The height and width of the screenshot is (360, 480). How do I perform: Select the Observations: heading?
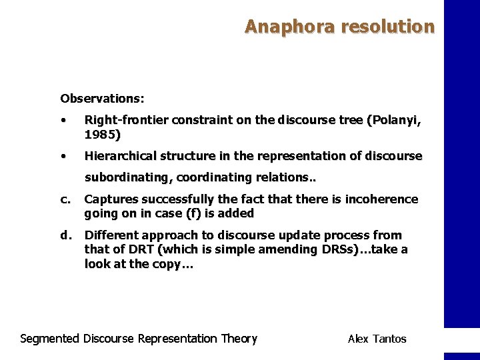pyautogui.click(x=102, y=99)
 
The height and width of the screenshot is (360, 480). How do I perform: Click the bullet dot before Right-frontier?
pyautogui.click(x=62, y=121)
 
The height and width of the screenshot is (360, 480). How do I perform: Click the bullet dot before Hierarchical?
pyautogui.click(x=62, y=157)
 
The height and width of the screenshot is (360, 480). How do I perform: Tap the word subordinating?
pyautogui.click(x=129, y=177)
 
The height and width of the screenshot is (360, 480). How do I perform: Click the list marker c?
pyautogui.click(x=65, y=199)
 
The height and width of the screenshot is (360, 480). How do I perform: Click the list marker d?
pyautogui.click(x=65, y=235)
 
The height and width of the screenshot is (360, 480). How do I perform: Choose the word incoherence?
pyautogui.click(x=381, y=199)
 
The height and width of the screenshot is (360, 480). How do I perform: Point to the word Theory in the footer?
pyautogui.click(x=239, y=339)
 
